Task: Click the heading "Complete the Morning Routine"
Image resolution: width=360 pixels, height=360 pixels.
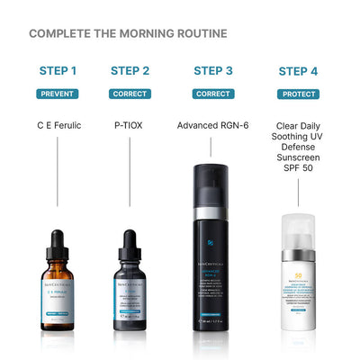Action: (x=128, y=34)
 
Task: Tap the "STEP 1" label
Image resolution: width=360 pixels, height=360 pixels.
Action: (x=58, y=70)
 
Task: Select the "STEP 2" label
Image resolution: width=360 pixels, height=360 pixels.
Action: (x=130, y=70)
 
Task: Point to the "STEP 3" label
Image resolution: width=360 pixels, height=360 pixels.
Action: (x=213, y=70)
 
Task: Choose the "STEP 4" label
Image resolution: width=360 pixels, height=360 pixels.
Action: (x=298, y=70)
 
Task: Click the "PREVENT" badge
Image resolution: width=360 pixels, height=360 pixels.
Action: (x=58, y=93)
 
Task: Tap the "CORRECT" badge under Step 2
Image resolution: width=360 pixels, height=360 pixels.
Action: (x=130, y=93)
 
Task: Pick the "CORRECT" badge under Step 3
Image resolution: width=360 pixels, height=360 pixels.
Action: (x=213, y=93)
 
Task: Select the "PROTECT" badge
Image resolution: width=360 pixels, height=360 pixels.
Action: (x=298, y=93)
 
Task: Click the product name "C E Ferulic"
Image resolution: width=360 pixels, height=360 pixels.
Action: (x=58, y=125)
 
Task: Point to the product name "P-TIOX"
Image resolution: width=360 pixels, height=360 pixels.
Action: (x=130, y=125)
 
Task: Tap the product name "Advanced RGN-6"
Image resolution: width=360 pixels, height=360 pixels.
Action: (x=213, y=125)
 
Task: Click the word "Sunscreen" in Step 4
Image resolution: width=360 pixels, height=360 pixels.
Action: (x=298, y=168)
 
